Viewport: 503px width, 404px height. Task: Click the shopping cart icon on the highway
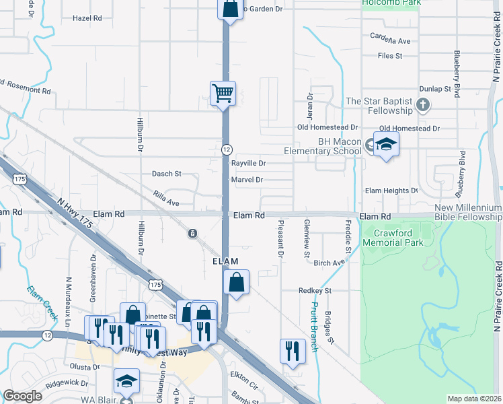click(x=223, y=93)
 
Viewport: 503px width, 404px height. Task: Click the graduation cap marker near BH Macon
click(x=386, y=144)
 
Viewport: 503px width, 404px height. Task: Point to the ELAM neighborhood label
click(x=226, y=261)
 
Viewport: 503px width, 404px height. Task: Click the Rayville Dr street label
click(x=249, y=164)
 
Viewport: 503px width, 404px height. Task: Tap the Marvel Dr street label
click(x=246, y=180)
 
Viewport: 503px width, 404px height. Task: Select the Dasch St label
click(x=167, y=174)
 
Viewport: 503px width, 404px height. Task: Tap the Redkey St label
click(x=315, y=290)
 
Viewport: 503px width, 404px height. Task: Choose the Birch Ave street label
click(x=329, y=263)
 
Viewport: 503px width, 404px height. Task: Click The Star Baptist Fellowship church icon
click(x=422, y=105)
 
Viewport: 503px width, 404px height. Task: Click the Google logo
click(x=22, y=396)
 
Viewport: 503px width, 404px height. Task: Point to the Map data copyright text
click(x=474, y=399)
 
